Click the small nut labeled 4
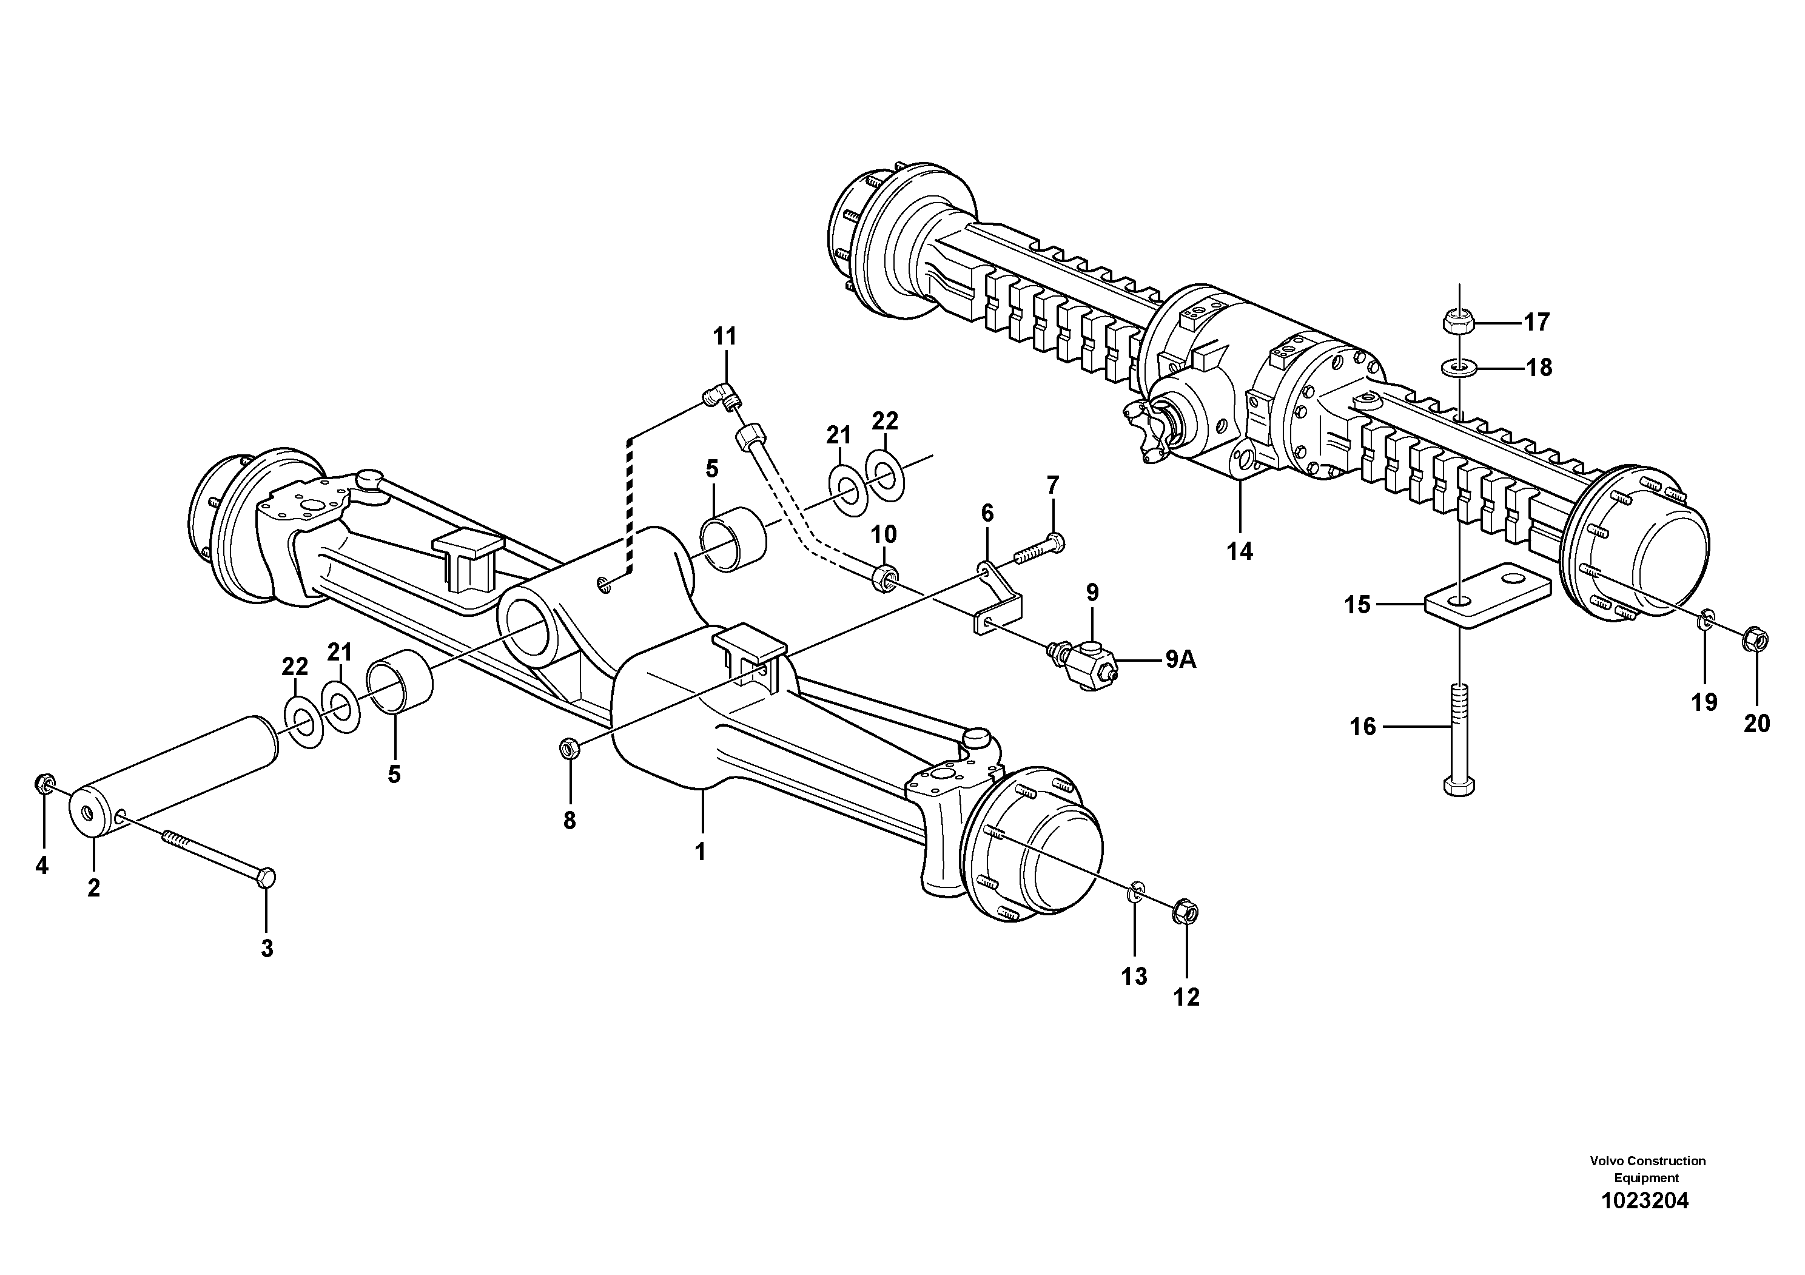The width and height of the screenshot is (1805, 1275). pos(44,784)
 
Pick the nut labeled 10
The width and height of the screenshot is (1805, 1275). pos(884,580)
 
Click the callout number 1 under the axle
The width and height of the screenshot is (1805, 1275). pos(700,852)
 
